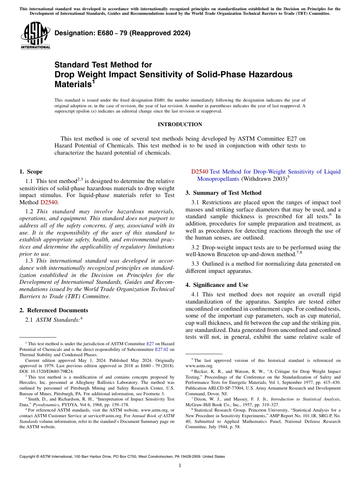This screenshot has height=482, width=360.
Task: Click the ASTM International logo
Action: click(36, 35)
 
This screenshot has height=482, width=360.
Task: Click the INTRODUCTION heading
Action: click(180, 124)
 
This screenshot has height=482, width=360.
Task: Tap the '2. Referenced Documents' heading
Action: click(53, 310)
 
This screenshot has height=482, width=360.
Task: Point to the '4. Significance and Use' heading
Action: click(217, 285)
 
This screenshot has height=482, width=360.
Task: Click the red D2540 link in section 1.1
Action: click(49, 202)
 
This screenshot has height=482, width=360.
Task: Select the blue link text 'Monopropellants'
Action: click(218, 178)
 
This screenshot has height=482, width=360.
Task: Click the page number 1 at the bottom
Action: click(180, 465)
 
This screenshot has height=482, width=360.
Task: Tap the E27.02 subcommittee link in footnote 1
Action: click(161, 349)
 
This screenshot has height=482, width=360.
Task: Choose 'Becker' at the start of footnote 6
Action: click(203, 372)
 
